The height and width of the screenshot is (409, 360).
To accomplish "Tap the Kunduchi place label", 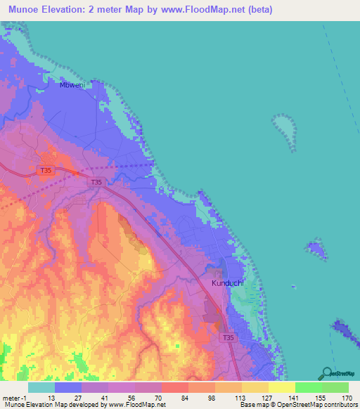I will [228, 283].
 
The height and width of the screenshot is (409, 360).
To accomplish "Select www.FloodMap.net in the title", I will [198, 10].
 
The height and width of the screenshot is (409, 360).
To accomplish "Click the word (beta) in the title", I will [257, 10].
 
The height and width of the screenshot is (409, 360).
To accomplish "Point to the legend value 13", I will [51, 397].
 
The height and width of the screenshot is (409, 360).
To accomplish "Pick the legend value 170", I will [346, 397].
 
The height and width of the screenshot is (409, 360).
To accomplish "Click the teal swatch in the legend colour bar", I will [41, 387].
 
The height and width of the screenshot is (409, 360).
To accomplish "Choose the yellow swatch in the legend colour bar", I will [281, 387].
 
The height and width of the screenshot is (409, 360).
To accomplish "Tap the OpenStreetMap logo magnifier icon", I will [326, 372].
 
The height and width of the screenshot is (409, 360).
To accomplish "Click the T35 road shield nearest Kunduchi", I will [228, 338].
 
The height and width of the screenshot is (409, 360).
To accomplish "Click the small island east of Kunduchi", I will [316, 249].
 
